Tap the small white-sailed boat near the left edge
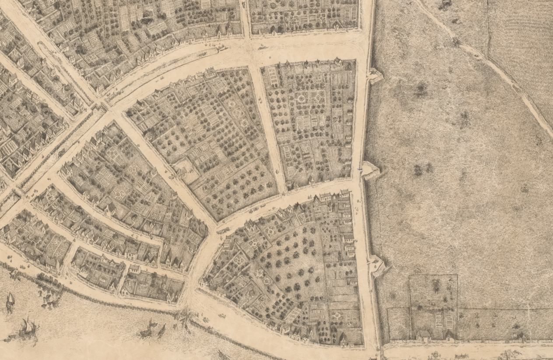tap(10, 301)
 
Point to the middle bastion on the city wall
tap(370, 169)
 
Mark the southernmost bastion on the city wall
tap(378, 265)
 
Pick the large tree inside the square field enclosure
tap(436, 285)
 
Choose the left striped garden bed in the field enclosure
tap(438, 322)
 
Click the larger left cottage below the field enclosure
tap(423, 335)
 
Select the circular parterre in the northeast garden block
tap(301, 98)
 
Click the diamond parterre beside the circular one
tap(318, 96)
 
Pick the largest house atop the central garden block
tap(210, 72)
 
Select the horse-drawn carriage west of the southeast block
tap(223, 230)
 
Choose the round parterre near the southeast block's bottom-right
tap(337, 314)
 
